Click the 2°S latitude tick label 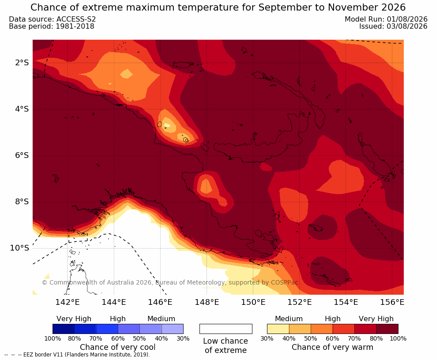pos(22,63)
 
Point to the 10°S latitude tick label pos(19,247)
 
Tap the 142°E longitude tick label pos(68,302)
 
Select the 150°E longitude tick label pos(253,302)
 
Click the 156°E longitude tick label pos(392,302)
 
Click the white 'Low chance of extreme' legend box pos(226,329)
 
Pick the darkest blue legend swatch pos(64,329)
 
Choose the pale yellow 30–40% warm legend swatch pos(278,329)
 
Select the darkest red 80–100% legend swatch pos(387,329)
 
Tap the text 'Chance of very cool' pos(118,347)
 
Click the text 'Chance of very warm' pos(332,347)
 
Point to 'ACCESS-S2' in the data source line pos(76,19)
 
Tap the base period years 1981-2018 pos(75,26)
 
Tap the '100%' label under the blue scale pos(53,338)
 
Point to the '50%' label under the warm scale pos(311,338)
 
